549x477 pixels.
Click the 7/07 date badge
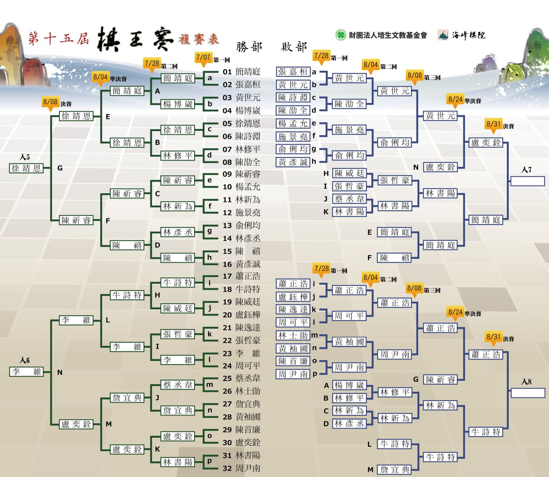[204, 58]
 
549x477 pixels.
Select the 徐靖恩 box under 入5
[26, 168]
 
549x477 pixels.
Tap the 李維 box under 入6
[26, 372]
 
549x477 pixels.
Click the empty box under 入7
[528, 181]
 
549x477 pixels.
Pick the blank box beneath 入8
[528, 393]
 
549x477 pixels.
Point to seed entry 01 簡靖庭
[241, 72]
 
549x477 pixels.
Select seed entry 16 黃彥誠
[241, 264]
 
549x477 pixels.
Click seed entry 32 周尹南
[241, 468]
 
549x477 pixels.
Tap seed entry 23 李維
[241, 353]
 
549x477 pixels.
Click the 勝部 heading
[249, 47]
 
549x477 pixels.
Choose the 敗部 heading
[294, 47]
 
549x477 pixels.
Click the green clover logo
[341, 35]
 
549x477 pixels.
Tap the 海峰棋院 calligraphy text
[469, 35]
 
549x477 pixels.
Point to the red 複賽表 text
[199, 39]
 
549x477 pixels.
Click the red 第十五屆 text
[58, 38]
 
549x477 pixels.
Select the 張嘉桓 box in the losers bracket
[293, 72]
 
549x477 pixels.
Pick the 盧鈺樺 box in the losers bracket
[293, 297]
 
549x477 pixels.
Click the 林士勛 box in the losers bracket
[293, 335]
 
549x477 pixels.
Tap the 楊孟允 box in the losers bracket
[293, 123]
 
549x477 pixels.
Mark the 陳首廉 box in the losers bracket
[293, 361]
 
